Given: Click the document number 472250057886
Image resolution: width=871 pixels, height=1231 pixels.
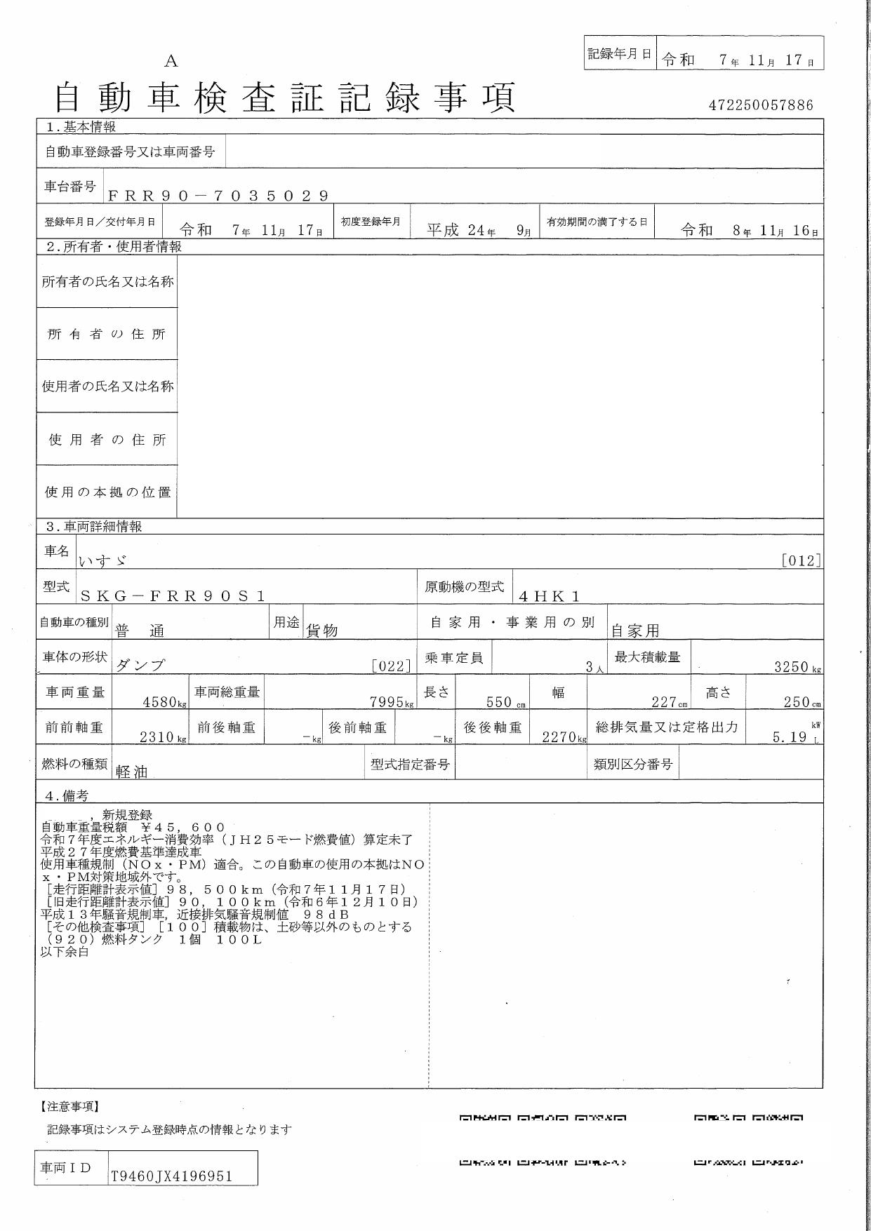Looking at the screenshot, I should coord(761,105).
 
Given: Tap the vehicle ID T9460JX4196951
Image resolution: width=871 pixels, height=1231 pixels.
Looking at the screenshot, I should coord(171,1176).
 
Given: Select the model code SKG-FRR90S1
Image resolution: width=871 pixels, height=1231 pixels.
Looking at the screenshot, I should coord(173,596).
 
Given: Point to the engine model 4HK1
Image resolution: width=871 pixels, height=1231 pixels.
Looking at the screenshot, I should coord(550,596).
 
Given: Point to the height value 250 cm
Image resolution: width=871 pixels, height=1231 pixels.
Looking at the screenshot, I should coord(802,701).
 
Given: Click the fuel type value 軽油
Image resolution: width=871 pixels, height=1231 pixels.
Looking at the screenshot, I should coord(132,772).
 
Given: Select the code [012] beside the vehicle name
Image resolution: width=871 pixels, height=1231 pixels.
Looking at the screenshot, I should coord(801,560).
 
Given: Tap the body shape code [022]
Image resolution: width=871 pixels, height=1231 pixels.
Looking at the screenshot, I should coord(391,666).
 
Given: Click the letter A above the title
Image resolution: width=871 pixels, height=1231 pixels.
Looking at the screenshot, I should coord(171,62).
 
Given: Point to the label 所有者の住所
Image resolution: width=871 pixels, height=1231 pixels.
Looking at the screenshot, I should coord(107,334).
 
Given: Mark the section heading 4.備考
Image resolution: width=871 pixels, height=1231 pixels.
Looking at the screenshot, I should coord(67,795).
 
